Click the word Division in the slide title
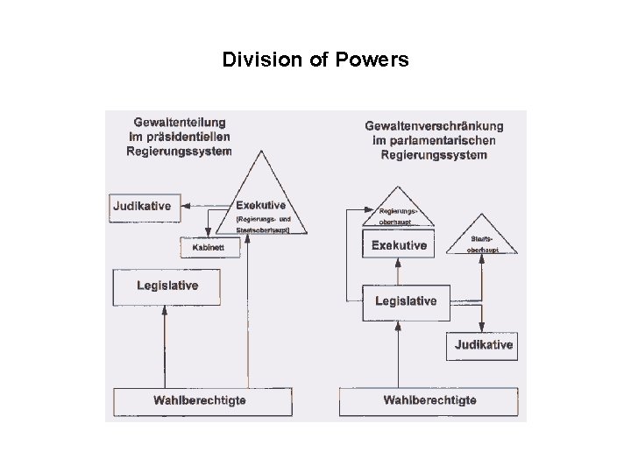[255, 60]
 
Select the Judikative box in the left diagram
[141, 208]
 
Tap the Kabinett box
[202, 248]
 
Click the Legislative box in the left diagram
[167, 286]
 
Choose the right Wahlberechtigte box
[430, 401]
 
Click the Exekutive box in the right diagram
[399, 245]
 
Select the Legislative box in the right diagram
[406, 301]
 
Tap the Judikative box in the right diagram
[483, 345]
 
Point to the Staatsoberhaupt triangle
[481, 238]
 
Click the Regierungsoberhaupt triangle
[399, 210]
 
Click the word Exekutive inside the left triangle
[260, 206]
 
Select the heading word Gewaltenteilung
[180, 123]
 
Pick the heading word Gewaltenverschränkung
[434, 125]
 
